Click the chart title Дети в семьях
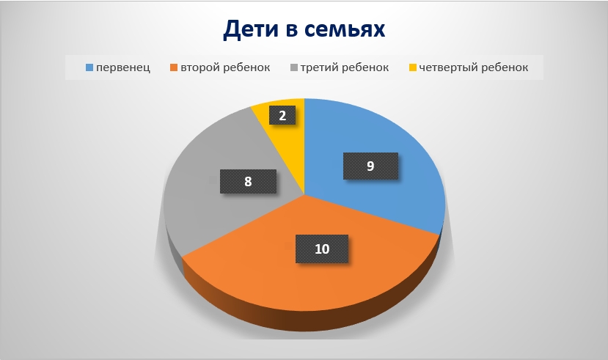304,29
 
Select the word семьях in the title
345,30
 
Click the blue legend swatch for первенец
89,67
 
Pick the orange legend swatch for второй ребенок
174,67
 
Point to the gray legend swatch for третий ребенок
294,67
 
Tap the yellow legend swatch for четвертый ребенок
413,67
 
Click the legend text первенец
123,67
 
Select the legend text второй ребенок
225,67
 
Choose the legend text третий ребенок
345,67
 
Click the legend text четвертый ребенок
474,67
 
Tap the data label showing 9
370,166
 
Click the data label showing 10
322,249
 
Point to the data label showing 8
248,181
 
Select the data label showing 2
282,116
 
